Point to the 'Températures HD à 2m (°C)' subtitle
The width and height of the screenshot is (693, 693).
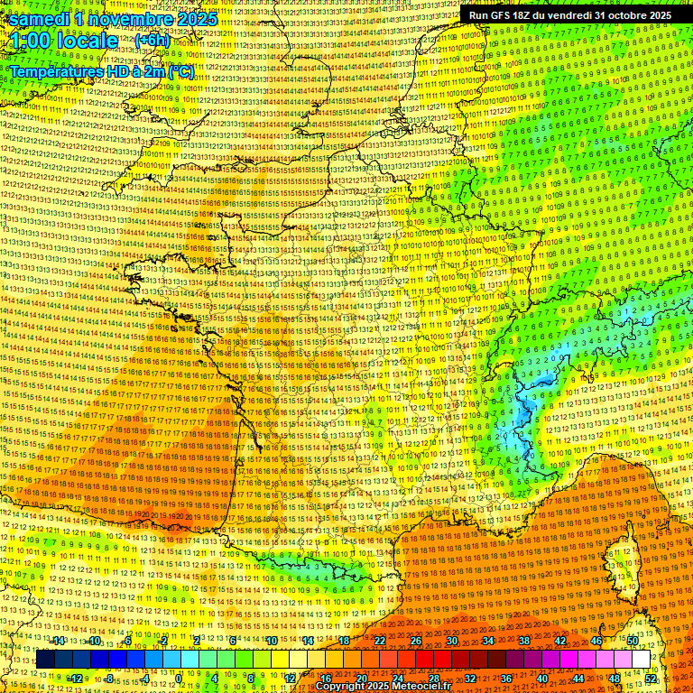(x=101, y=70)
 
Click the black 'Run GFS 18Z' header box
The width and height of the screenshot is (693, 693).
(x=569, y=15)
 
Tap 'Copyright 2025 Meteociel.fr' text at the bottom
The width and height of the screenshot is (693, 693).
(x=383, y=687)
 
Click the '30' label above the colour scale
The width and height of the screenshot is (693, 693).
(x=452, y=641)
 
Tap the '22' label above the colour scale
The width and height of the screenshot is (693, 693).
(x=380, y=641)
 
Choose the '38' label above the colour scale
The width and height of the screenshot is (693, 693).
(x=524, y=641)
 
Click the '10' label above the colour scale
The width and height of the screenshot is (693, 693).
(x=272, y=641)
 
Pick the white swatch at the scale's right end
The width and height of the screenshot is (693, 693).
(x=641, y=659)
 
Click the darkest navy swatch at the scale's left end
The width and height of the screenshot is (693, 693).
(x=45, y=659)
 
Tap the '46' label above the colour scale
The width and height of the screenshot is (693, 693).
(x=596, y=641)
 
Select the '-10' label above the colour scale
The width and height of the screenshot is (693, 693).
(x=94, y=641)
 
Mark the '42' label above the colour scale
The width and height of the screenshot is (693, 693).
(x=560, y=641)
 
